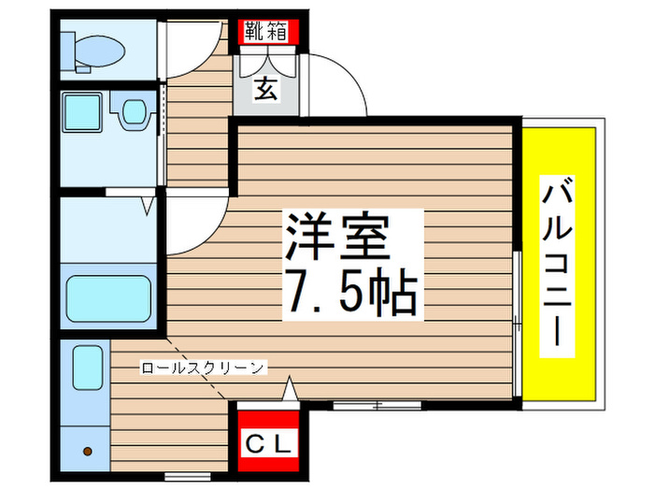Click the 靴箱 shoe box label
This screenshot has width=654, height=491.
click(x=266, y=31)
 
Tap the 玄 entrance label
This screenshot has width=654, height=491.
click(x=265, y=89)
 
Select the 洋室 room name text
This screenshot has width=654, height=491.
click(x=337, y=237)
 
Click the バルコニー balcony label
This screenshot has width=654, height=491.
click(x=557, y=267)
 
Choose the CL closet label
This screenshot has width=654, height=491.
click(x=268, y=443)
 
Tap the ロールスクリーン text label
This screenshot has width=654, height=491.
click(x=203, y=368)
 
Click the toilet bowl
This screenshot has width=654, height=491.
click(x=98, y=51)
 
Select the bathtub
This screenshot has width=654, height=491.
click(x=108, y=298)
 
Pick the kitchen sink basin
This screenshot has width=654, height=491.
click(x=88, y=368)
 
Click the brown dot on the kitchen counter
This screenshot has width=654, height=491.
click(x=88, y=452)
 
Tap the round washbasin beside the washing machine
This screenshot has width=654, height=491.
click(x=134, y=111)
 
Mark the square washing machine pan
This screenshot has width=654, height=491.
click(x=82, y=112)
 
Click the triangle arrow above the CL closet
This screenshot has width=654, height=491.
click(x=290, y=389)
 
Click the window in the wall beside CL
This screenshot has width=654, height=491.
click(x=377, y=405)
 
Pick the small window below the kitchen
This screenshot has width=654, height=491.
click(x=187, y=476)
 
